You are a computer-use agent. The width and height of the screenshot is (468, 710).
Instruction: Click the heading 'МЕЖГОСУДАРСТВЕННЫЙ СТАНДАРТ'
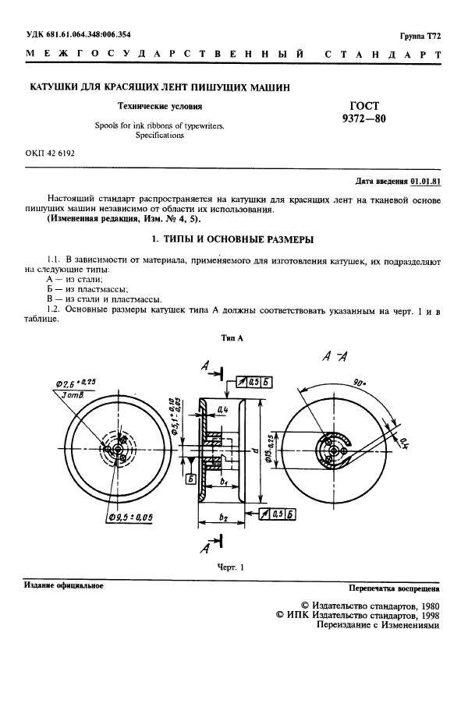tap(234, 55)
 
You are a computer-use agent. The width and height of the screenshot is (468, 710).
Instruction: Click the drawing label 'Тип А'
tap(233, 338)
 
